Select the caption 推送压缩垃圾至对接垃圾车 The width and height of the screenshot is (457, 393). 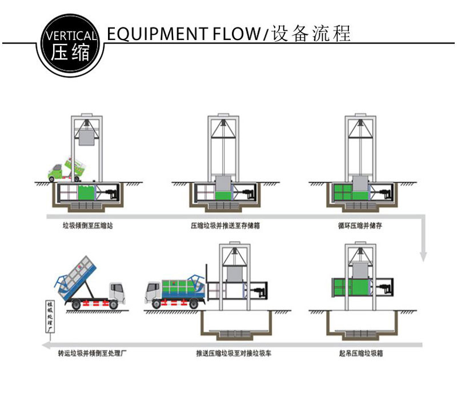233,354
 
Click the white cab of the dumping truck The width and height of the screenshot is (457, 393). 116,292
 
